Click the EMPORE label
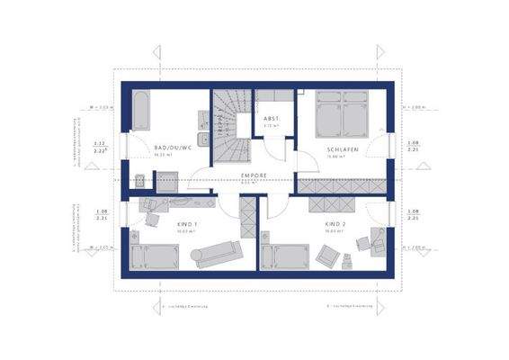pyautogui.click(x=254, y=175)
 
